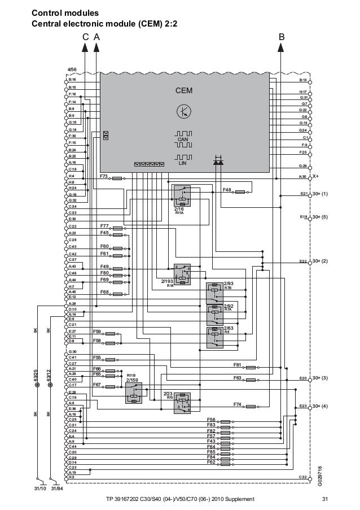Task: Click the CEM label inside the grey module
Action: click(x=184, y=90)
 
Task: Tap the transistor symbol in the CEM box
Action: click(x=184, y=111)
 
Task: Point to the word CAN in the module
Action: click(x=182, y=139)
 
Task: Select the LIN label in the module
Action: click(x=182, y=163)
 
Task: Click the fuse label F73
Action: click(x=104, y=176)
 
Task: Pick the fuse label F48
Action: click(x=227, y=190)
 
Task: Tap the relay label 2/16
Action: click(x=179, y=209)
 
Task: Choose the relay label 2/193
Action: click(x=166, y=281)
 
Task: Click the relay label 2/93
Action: click(x=229, y=283)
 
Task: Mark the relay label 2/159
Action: click(x=132, y=380)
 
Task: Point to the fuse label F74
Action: click(x=237, y=404)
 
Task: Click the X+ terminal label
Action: click(x=316, y=176)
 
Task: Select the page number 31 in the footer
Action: click(x=324, y=499)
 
